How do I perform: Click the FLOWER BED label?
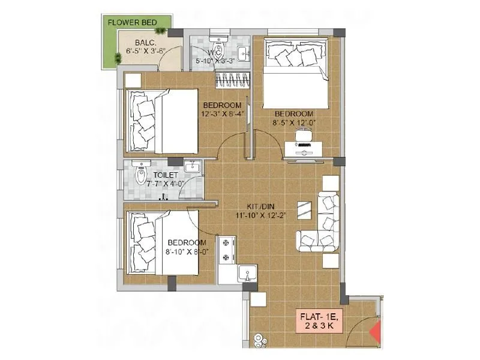132,23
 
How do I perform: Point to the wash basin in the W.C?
243,54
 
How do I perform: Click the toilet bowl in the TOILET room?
141,175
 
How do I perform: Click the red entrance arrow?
376,331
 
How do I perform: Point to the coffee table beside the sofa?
305,210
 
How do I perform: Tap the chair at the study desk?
302,136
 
